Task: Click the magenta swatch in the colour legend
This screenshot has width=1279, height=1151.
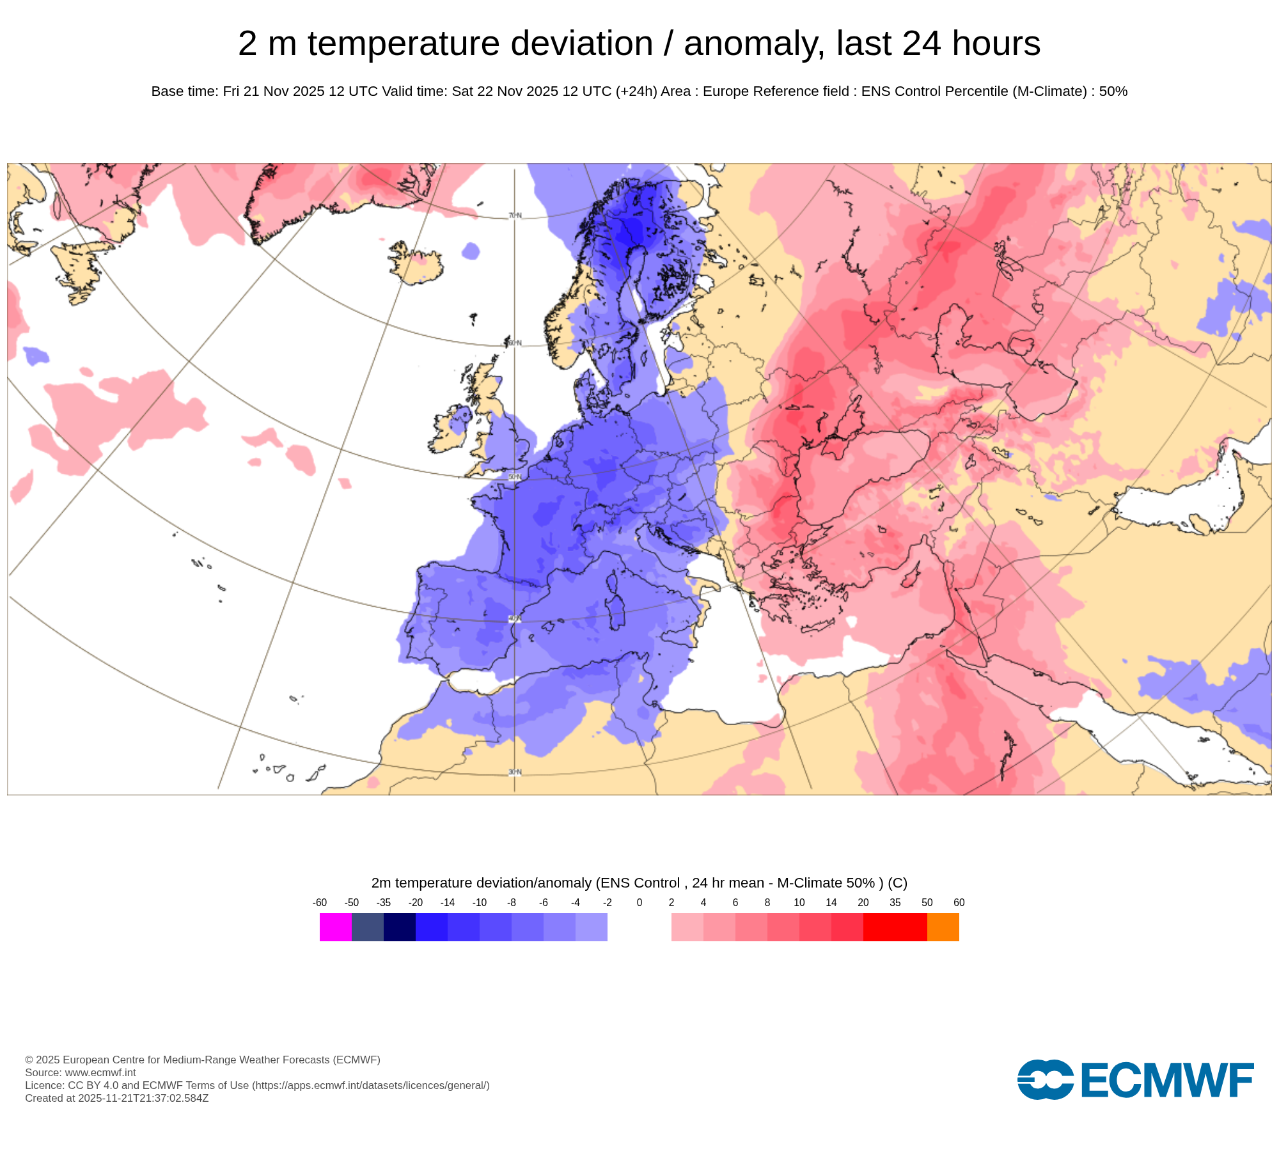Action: click(335, 927)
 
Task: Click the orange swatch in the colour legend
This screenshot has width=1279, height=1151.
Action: click(943, 927)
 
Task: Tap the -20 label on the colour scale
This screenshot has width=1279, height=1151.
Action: click(416, 903)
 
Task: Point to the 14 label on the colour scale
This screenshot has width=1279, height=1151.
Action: click(831, 903)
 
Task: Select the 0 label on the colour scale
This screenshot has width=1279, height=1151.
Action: click(639, 903)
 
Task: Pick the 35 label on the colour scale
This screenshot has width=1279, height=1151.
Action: click(895, 903)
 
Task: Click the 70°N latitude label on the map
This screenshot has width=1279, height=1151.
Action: click(515, 215)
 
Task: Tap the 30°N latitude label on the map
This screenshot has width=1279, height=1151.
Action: click(515, 772)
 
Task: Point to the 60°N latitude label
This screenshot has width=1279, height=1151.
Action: click(515, 343)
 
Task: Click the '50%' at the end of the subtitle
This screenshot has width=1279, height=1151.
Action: click(1113, 91)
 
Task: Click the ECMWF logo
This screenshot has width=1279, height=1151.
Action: click(1135, 1079)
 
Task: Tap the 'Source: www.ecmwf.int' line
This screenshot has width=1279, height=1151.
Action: click(81, 1072)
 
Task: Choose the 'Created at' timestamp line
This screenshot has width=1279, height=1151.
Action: click(116, 1098)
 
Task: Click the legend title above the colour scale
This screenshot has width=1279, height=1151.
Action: click(639, 883)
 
